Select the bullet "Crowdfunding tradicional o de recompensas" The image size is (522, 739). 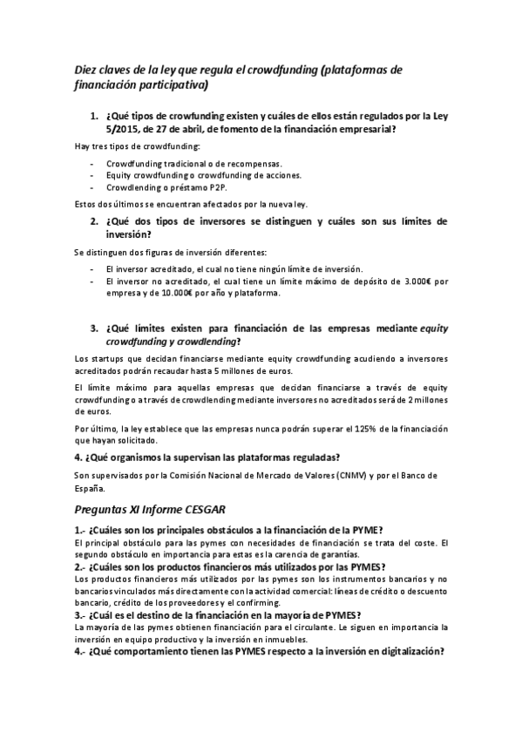182,163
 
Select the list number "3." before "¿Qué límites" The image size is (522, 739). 95,329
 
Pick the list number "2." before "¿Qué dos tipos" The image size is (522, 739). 95,221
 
